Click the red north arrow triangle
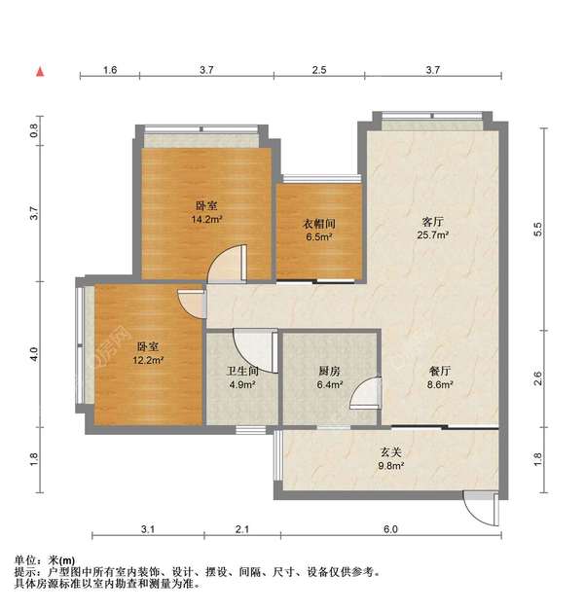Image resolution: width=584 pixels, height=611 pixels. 40,71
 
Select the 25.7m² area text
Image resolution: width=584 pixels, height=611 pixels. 433,234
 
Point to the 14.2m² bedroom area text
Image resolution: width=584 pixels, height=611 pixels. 205,219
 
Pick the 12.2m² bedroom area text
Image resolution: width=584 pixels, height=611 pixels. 148,360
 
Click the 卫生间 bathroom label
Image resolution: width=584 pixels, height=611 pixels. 241,371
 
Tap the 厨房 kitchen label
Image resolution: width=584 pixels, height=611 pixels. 329,371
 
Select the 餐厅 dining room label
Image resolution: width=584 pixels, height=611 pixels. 439,371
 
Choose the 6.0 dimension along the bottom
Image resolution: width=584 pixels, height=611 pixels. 389,529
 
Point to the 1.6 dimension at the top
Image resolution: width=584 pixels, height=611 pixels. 110,70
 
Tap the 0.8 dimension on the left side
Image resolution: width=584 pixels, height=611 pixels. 35,129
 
